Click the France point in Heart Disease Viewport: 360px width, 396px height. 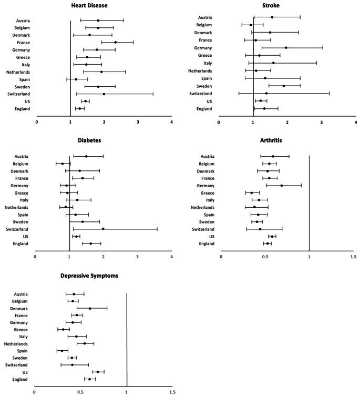point(116,42)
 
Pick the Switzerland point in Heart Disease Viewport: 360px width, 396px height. point(104,94)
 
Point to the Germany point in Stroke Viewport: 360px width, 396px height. point(286,47)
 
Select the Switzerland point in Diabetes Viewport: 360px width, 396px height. point(103,229)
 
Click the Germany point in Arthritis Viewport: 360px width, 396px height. point(282,185)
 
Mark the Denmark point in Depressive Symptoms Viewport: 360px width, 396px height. point(90,308)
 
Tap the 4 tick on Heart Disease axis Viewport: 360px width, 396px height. point(171,121)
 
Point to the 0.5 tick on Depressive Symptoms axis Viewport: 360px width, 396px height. point(80,391)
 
